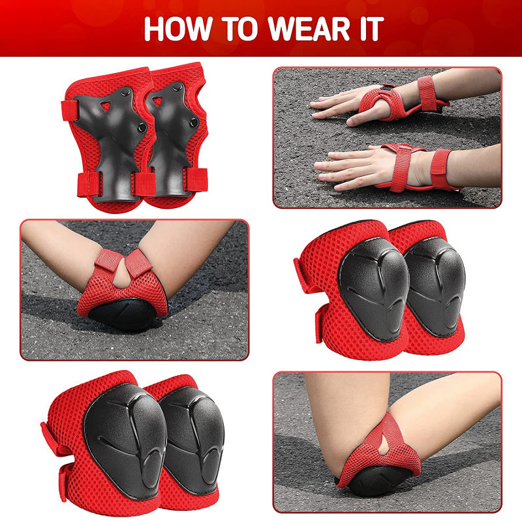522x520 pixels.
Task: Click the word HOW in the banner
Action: click(x=178, y=29)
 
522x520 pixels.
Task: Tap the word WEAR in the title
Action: click(x=309, y=29)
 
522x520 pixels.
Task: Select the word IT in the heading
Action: click(x=370, y=29)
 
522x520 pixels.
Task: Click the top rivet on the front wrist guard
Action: click(x=126, y=90)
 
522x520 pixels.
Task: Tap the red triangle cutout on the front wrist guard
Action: click(x=106, y=106)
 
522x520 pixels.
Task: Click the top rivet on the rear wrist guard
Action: click(x=177, y=87)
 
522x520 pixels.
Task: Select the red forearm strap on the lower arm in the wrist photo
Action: click(x=441, y=169)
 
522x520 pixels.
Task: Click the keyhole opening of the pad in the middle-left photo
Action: click(x=121, y=274)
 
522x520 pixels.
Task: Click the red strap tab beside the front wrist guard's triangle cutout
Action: click(x=70, y=110)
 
